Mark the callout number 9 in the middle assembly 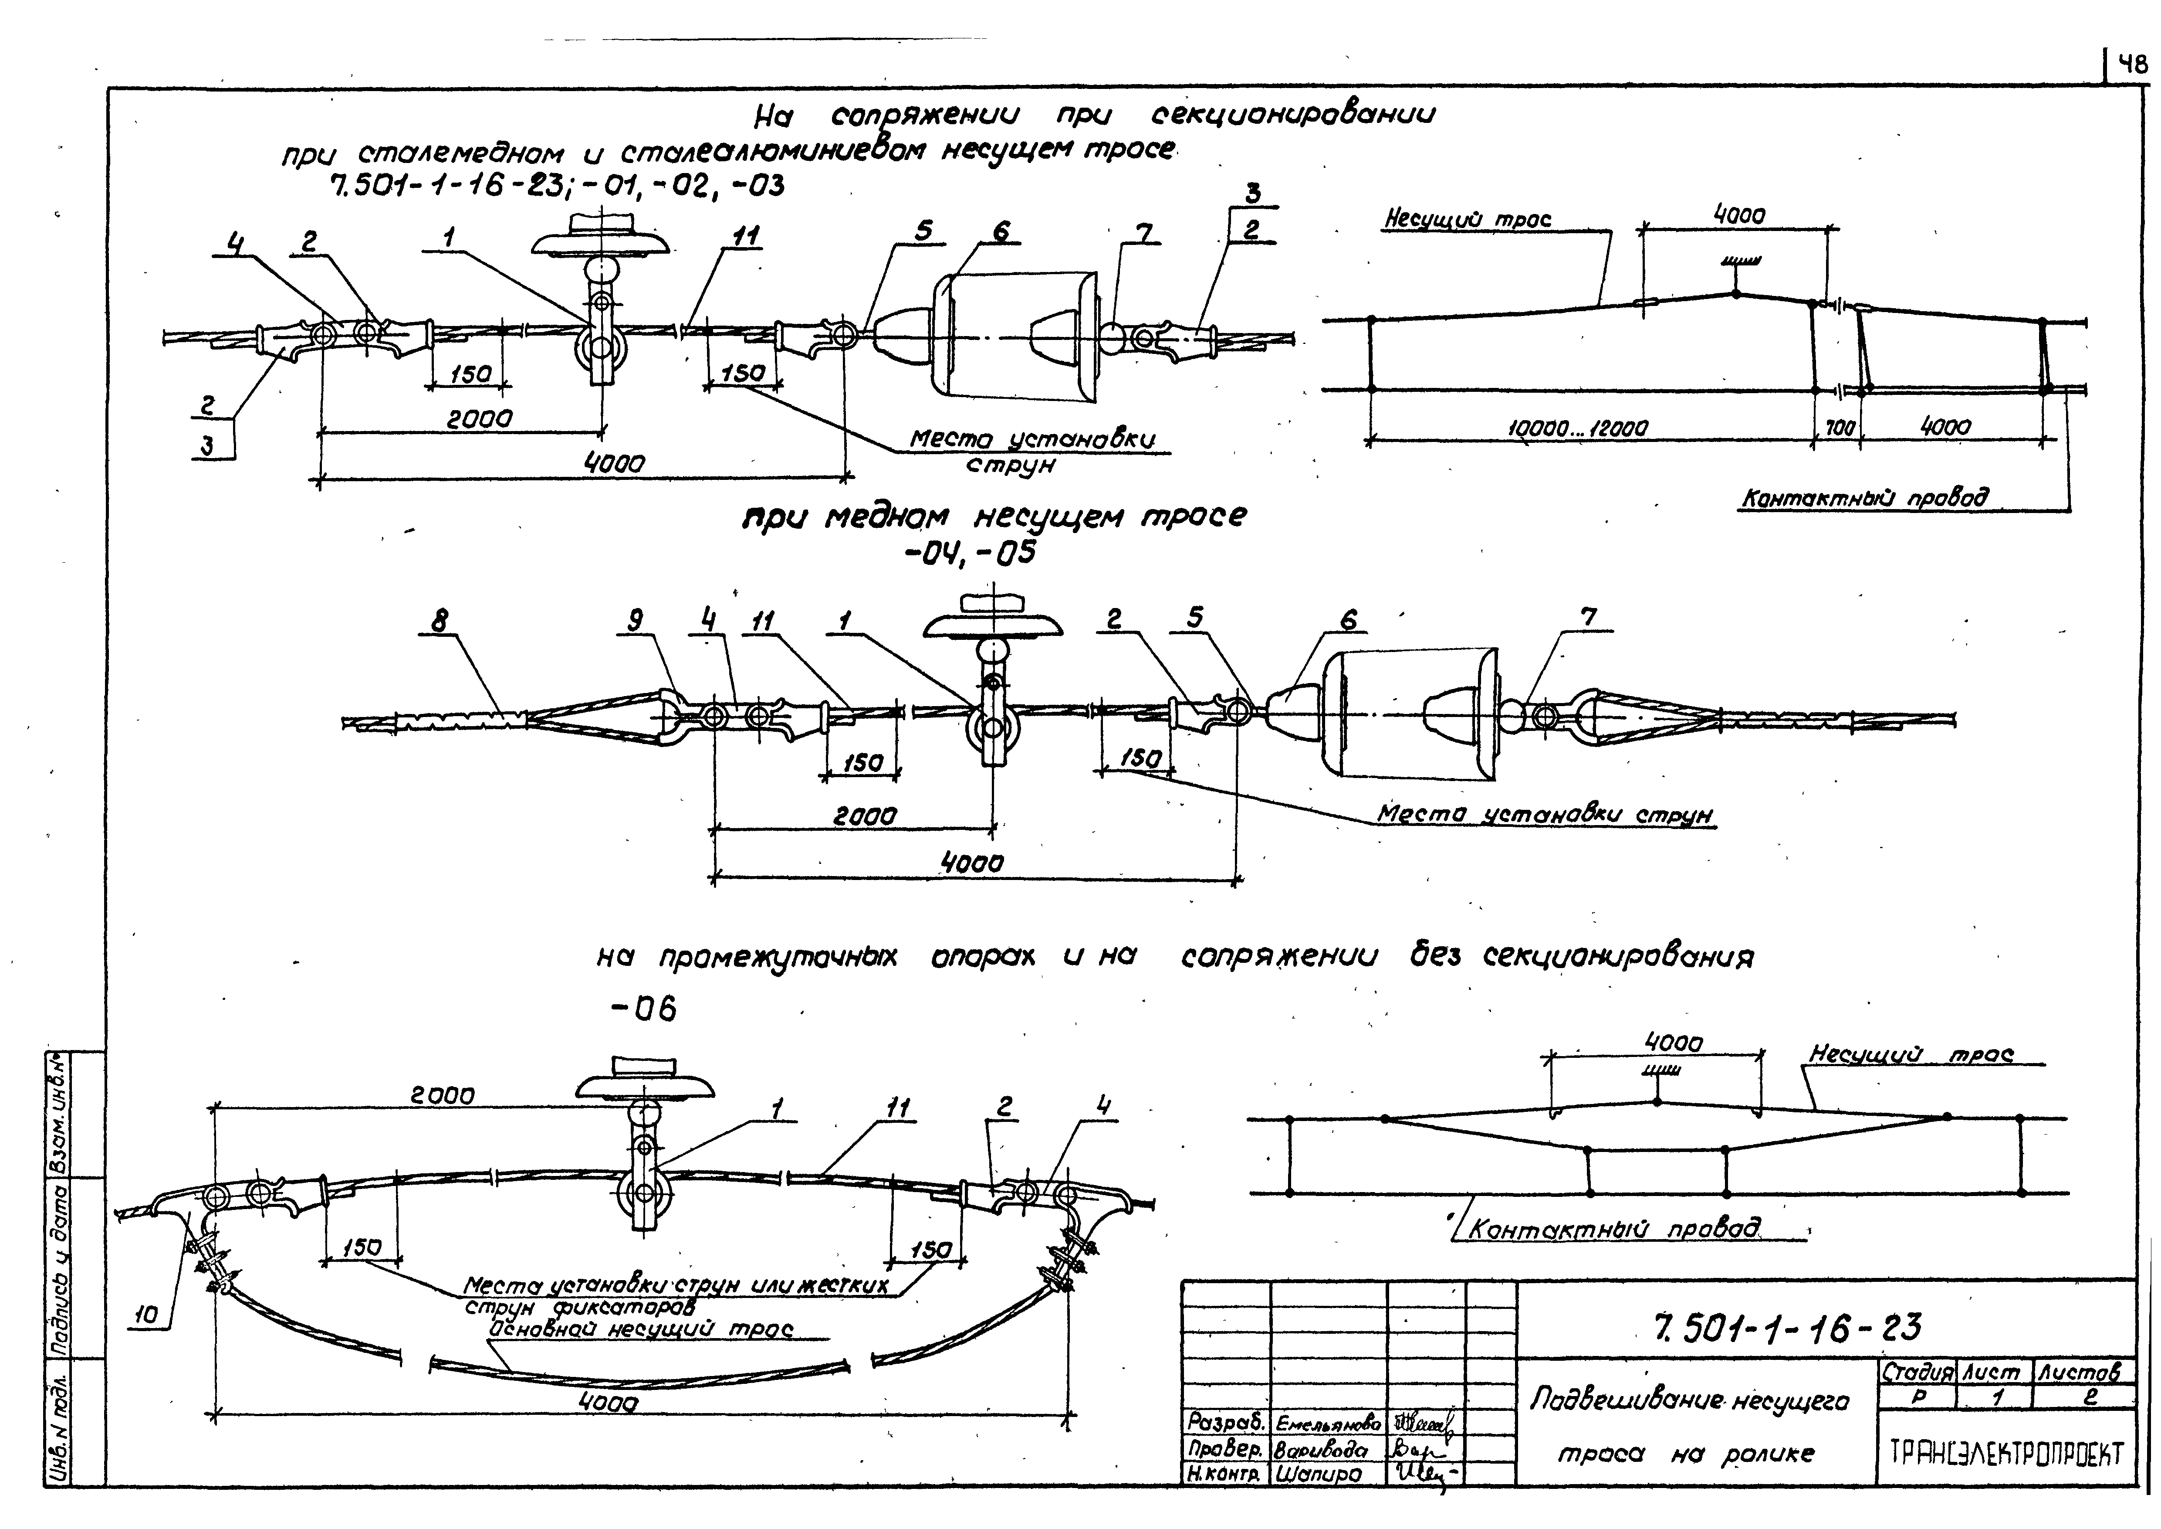(636, 621)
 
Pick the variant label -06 (644, 1009)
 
